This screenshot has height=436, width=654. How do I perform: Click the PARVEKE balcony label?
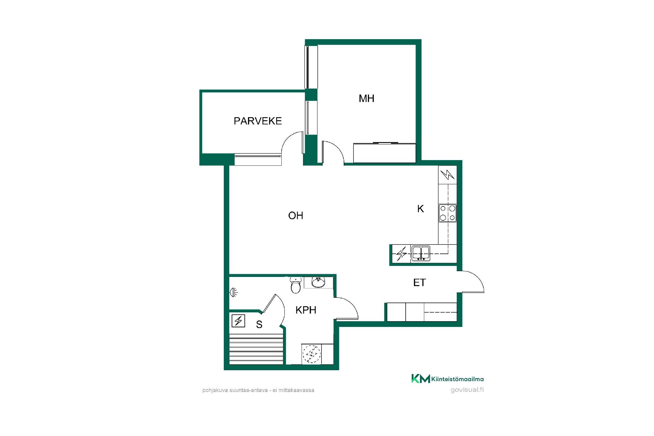pos(258,121)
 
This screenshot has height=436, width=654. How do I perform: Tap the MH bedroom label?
pos(367,98)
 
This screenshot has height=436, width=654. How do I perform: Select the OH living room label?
pos(296,215)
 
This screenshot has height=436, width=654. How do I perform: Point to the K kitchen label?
pos(421,209)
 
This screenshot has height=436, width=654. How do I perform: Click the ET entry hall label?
pos(419,282)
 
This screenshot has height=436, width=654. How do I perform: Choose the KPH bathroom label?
pos(306,310)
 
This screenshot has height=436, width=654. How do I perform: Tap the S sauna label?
pos(259,325)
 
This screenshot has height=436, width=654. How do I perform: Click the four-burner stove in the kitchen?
pos(448,213)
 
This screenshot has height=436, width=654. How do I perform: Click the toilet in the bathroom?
pos(296,285)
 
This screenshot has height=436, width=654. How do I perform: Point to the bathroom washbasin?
pos(318,282)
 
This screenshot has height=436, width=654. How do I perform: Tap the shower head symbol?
pos(234,292)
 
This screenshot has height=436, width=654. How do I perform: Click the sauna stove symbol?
pos(238,321)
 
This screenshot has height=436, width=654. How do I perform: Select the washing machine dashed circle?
pos(312,354)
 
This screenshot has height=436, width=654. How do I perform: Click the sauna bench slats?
pos(256,349)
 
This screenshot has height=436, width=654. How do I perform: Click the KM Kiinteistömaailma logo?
pos(447,379)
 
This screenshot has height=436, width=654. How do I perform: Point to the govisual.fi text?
pos(467,390)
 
